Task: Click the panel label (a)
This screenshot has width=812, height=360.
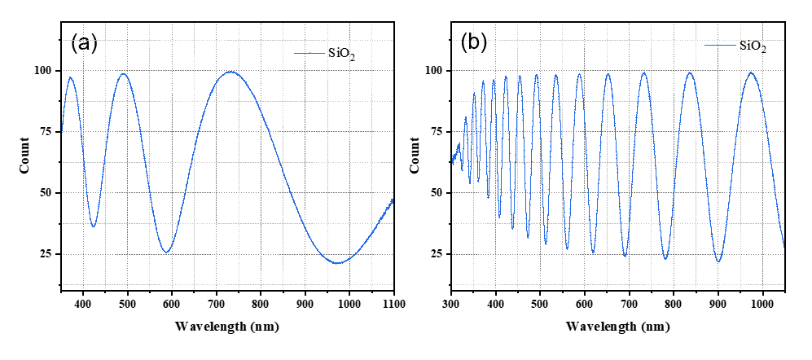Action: [x=85, y=43]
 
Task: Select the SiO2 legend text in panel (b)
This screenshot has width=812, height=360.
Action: [x=752, y=46]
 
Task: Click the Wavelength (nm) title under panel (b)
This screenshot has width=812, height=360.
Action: [x=617, y=327]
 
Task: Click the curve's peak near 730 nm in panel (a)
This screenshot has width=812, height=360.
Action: [x=230, y=72]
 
